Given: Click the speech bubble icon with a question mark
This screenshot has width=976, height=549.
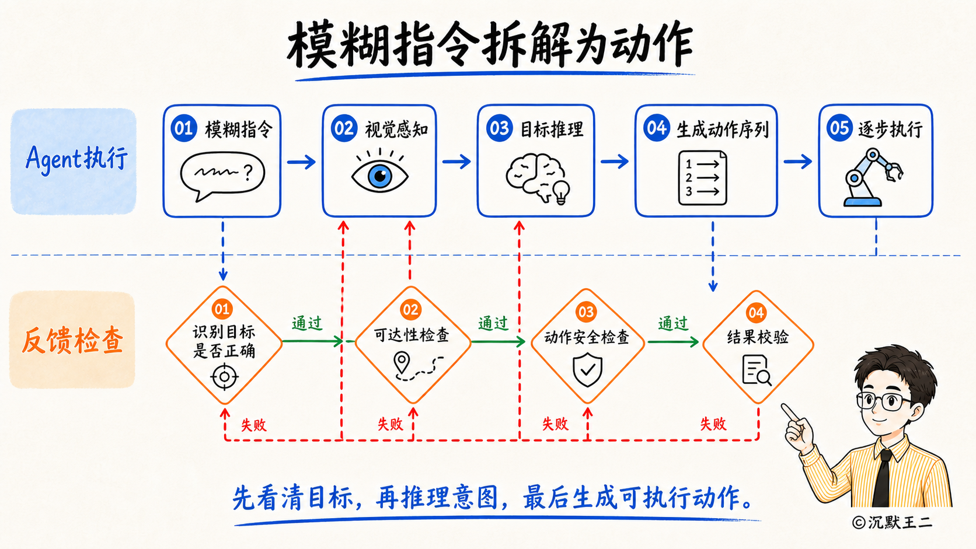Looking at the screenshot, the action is (x=222, y=176).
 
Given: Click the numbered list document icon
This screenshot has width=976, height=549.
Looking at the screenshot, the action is (x=702, y=177).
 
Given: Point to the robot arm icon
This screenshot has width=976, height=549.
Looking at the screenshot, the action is (x=873, y=177).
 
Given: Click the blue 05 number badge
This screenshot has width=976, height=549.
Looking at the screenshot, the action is (x=839, y=128).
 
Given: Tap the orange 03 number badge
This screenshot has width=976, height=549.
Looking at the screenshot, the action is (x=585, y=312).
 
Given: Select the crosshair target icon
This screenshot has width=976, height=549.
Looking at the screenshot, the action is (x=224, y=376).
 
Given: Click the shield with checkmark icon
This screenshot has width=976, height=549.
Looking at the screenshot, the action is (x=587, y=370).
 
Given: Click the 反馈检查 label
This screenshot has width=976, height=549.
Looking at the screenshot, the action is (x=73, y=340).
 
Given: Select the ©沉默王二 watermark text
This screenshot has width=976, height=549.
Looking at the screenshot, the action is (x=891, y=522).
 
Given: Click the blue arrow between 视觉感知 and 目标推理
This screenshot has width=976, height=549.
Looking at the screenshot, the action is (x=456, y=162).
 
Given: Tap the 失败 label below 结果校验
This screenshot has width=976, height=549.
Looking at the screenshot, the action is (x=713, y=424).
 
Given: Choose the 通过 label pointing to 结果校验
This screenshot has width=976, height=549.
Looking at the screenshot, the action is (x=672, y=323).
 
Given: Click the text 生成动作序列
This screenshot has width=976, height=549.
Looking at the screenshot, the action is (x=723, y=130).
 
